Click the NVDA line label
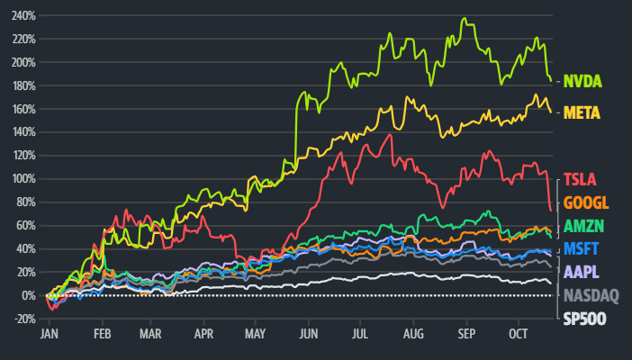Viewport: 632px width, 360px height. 582,81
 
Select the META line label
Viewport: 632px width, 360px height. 582,112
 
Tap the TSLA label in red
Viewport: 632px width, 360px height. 580,178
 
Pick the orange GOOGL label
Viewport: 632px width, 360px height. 585,202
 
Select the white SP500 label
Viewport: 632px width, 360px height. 584,318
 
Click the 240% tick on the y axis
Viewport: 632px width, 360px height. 23,16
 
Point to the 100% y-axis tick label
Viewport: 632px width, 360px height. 23,179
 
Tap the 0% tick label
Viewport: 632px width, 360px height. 29,295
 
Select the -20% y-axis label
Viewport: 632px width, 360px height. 23,319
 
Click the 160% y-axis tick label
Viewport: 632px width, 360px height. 23,109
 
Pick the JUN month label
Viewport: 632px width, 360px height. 309,334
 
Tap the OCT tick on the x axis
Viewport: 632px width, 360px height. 518,334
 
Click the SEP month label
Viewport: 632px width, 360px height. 465,334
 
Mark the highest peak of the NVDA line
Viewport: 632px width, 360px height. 464,18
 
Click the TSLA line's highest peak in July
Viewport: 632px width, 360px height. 390,135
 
